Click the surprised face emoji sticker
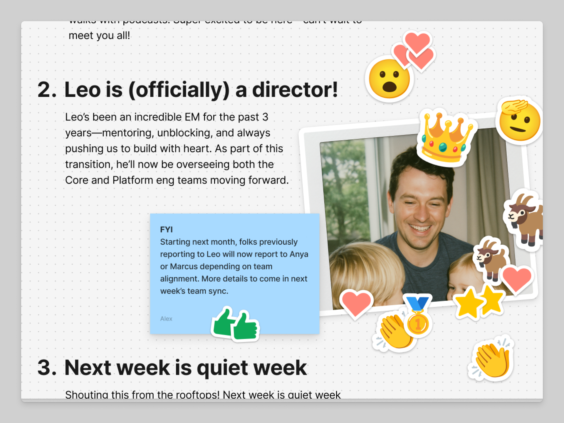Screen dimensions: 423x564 389,79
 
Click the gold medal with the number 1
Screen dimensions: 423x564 417,323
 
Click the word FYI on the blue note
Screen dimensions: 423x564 166,229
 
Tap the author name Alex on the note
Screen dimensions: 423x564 166,319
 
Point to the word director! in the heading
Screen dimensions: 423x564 295,90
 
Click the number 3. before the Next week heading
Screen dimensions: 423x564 47,367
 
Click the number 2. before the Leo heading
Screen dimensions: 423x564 47,90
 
